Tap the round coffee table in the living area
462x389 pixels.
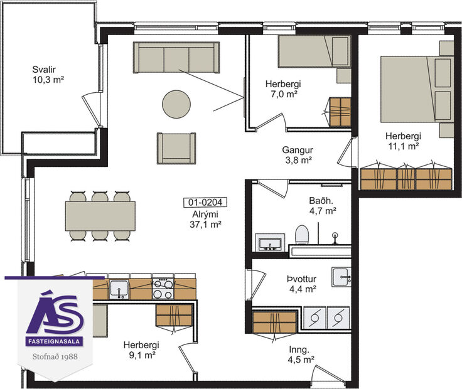pos(176,104)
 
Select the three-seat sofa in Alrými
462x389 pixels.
pos(176,58)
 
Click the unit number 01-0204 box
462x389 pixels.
pos(205,203)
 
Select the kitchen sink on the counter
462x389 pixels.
pos(119,289)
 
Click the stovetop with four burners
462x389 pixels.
pos(163,289)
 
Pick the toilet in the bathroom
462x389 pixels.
pos(302,236)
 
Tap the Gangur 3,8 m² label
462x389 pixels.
pos(297,155)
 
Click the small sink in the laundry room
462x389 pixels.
pos(341,275)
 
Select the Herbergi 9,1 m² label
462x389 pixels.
pos(141,349)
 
